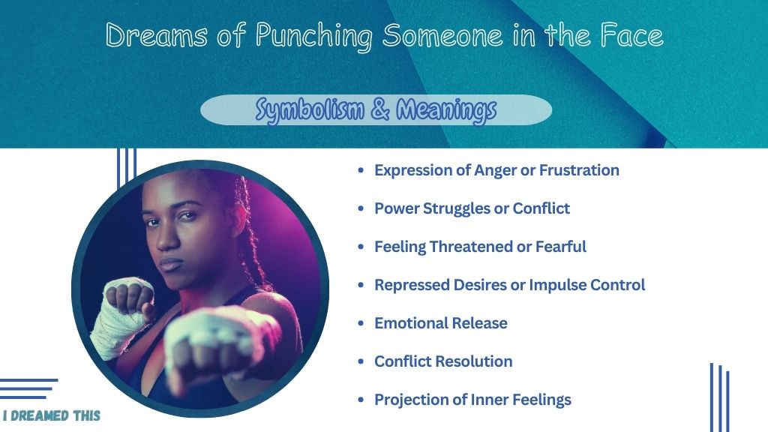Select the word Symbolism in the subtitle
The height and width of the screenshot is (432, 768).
click(310, 109)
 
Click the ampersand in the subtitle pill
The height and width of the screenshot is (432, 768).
click(380, 109)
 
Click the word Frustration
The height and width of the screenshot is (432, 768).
click(579, 170)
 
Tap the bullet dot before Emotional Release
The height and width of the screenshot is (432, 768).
click(361, 323)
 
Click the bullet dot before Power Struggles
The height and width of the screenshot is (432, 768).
click(361, 208)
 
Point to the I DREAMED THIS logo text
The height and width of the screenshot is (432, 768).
click(52, 415)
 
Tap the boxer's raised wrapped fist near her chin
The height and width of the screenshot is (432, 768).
click(128, 296)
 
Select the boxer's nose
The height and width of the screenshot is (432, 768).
click(167, 238)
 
